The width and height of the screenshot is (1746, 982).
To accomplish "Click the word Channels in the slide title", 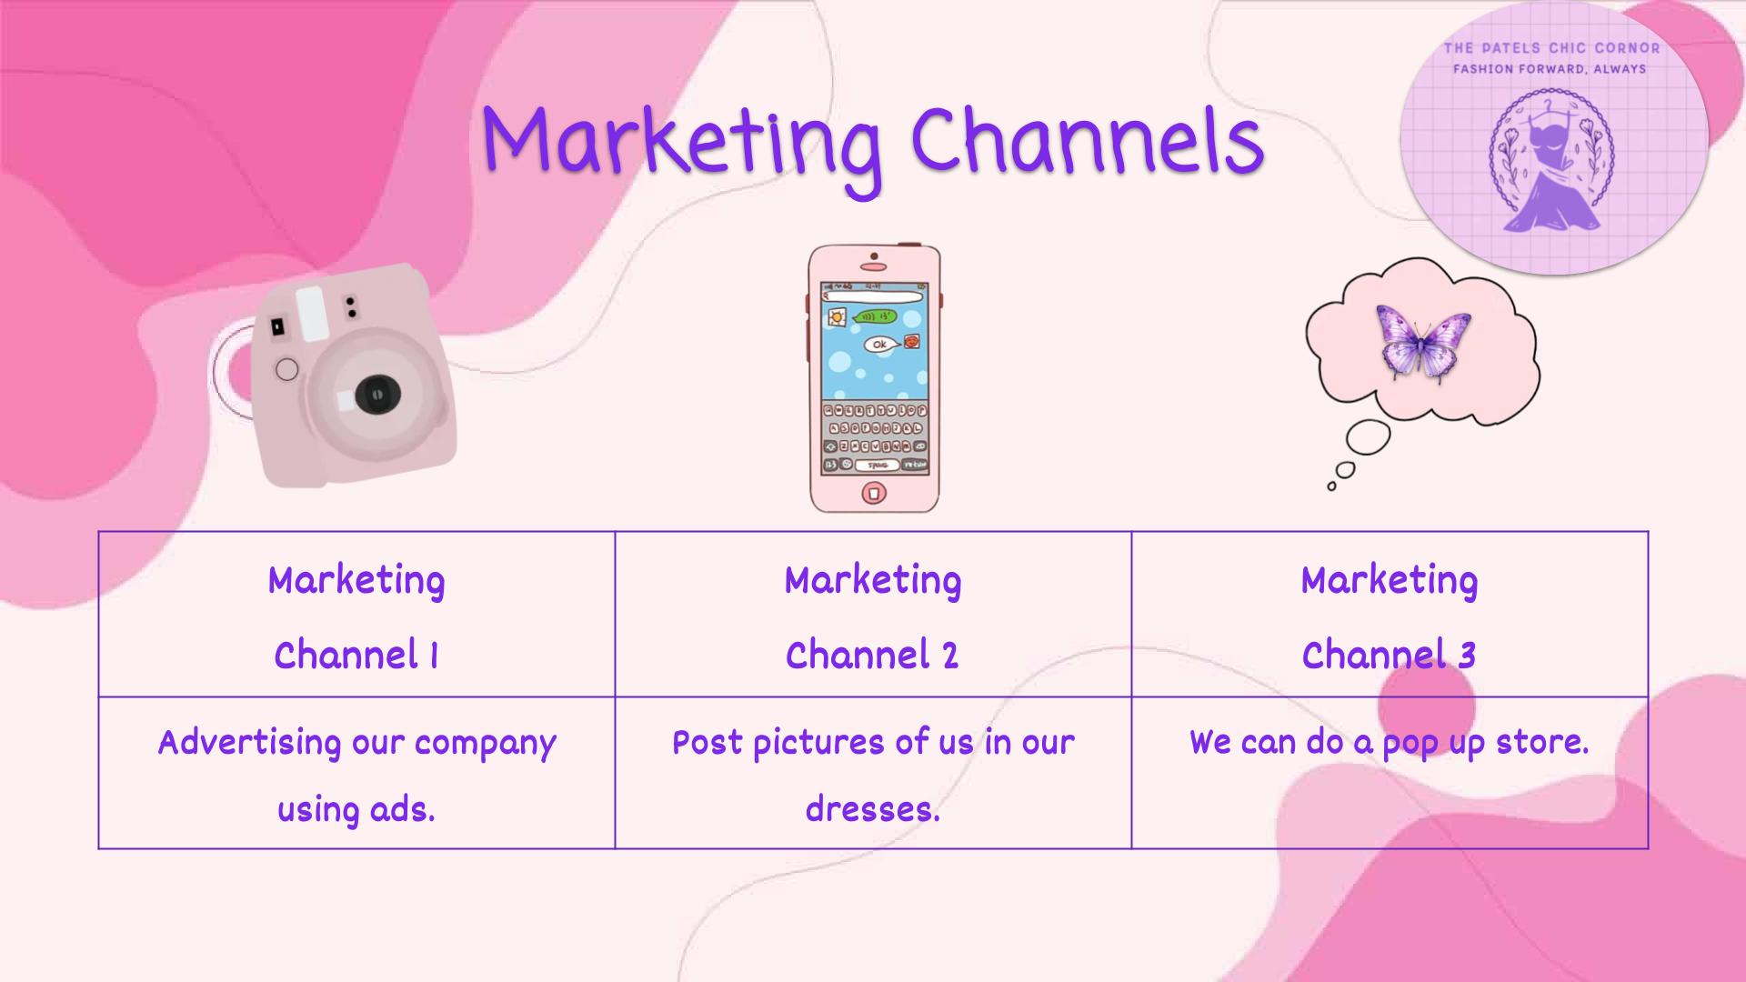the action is click(x=1088, y=138).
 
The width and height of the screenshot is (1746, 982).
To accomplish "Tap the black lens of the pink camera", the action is click(x=373, y=395).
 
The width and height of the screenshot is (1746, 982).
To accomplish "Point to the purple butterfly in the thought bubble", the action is click(x=1424, y=341).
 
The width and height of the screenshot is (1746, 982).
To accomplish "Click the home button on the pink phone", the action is click(x=874, y=494).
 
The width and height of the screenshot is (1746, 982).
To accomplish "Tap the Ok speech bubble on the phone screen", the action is click(x=880, y=345).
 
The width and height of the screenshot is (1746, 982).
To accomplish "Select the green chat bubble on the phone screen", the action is click(x=875, y=316).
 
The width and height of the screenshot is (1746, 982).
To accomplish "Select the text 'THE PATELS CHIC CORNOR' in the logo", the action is click(x=1552, y=47).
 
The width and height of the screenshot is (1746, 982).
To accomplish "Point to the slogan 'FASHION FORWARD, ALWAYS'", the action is click(x=1550, y=68).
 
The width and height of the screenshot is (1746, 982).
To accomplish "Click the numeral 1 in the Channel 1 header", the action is click(x=434, y=656).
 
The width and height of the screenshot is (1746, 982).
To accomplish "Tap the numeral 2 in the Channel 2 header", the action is click(x=950, y=656).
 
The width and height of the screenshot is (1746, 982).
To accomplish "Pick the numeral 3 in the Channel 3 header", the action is click(x=1467, y=656).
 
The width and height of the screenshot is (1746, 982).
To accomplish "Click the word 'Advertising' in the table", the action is click(x=249, y=742).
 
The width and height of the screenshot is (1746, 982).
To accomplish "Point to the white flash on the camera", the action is click(x=311, y=314).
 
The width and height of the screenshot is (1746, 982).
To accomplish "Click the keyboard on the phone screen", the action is click(x=874, y=437).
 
